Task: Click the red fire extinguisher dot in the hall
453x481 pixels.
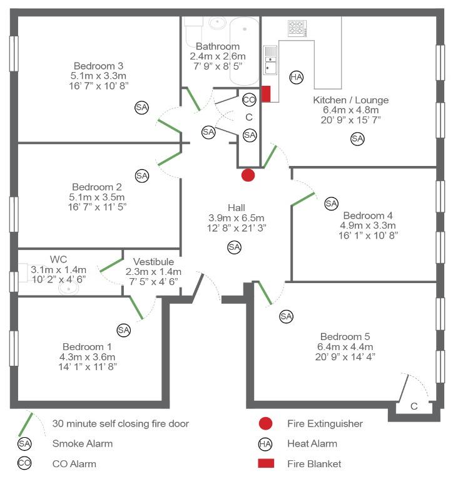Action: click(x=248, y=175)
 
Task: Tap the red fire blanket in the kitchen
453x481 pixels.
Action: click(x=265, y=94)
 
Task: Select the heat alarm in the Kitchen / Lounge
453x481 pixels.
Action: click(x=296, y=77)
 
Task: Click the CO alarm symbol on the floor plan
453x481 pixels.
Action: click(x=249, y=100)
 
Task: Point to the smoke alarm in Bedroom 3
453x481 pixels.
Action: click(x=142, y=108)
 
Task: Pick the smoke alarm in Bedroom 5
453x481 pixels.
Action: click(x=286, y=316)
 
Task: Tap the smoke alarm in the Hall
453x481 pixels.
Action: click(x=234, y=247)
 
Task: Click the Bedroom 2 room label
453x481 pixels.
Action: click(x=96, y=187)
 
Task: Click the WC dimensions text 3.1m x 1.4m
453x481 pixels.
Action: click(x=58, y=269)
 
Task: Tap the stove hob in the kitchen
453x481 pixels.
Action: click(x=297, y=28)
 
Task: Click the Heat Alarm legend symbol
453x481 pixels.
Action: click(x=265, y=444)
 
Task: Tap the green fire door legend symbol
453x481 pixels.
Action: click(x=26, y=424)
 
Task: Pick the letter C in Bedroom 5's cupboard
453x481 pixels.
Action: click(x=413, y=406)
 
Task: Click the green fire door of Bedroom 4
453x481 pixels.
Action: click(x=303, y=199)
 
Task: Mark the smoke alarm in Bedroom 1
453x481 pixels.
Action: click(x=123, y=329)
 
